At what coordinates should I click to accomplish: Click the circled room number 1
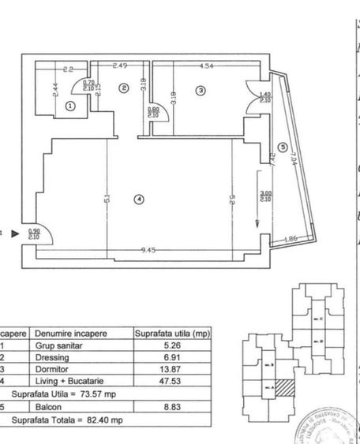click(x=70, y=105)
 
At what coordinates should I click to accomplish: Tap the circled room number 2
click(x=123, y=88)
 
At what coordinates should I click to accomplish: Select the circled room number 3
click(x=201, y=91)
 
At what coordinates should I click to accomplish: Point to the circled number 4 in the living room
click(x=139, y=200)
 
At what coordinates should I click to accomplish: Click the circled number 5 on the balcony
click(x=282, y=147)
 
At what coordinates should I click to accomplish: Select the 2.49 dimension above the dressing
click(x=120, y=65)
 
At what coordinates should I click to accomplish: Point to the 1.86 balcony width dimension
click(x=291, y=238)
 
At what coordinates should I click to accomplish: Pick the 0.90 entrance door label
click(x=34, y=232)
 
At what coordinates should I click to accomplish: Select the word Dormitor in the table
click(x=53, y=368)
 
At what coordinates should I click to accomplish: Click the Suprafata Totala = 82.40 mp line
click(x=67, y=420)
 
